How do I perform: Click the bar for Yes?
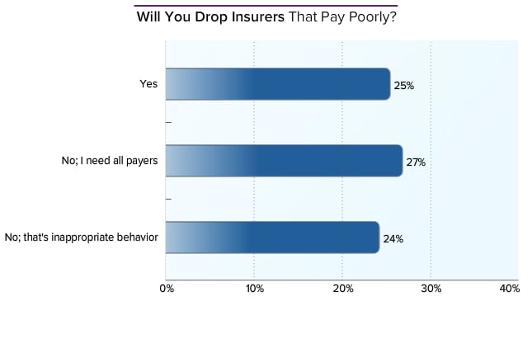[x=277, y=84]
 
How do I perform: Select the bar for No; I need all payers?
[x=284, y=161]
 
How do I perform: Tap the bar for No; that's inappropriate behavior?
[x=272, y=237]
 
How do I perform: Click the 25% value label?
[x=404, y=85]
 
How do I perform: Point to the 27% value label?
[x=416, y=162]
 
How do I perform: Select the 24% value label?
[x=393, y=239]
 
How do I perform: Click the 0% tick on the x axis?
[x=167, y=289]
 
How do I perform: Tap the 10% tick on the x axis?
[x=255, y=289]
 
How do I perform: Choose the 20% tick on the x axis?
[x=343, y=289]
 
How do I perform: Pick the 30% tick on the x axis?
[x=431, y=289]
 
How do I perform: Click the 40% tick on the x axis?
[x=509, y=289]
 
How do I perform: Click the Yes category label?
[x=149, y=83]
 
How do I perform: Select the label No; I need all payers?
[x=109, y=161]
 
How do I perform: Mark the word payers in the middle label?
[x=141, y=161]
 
